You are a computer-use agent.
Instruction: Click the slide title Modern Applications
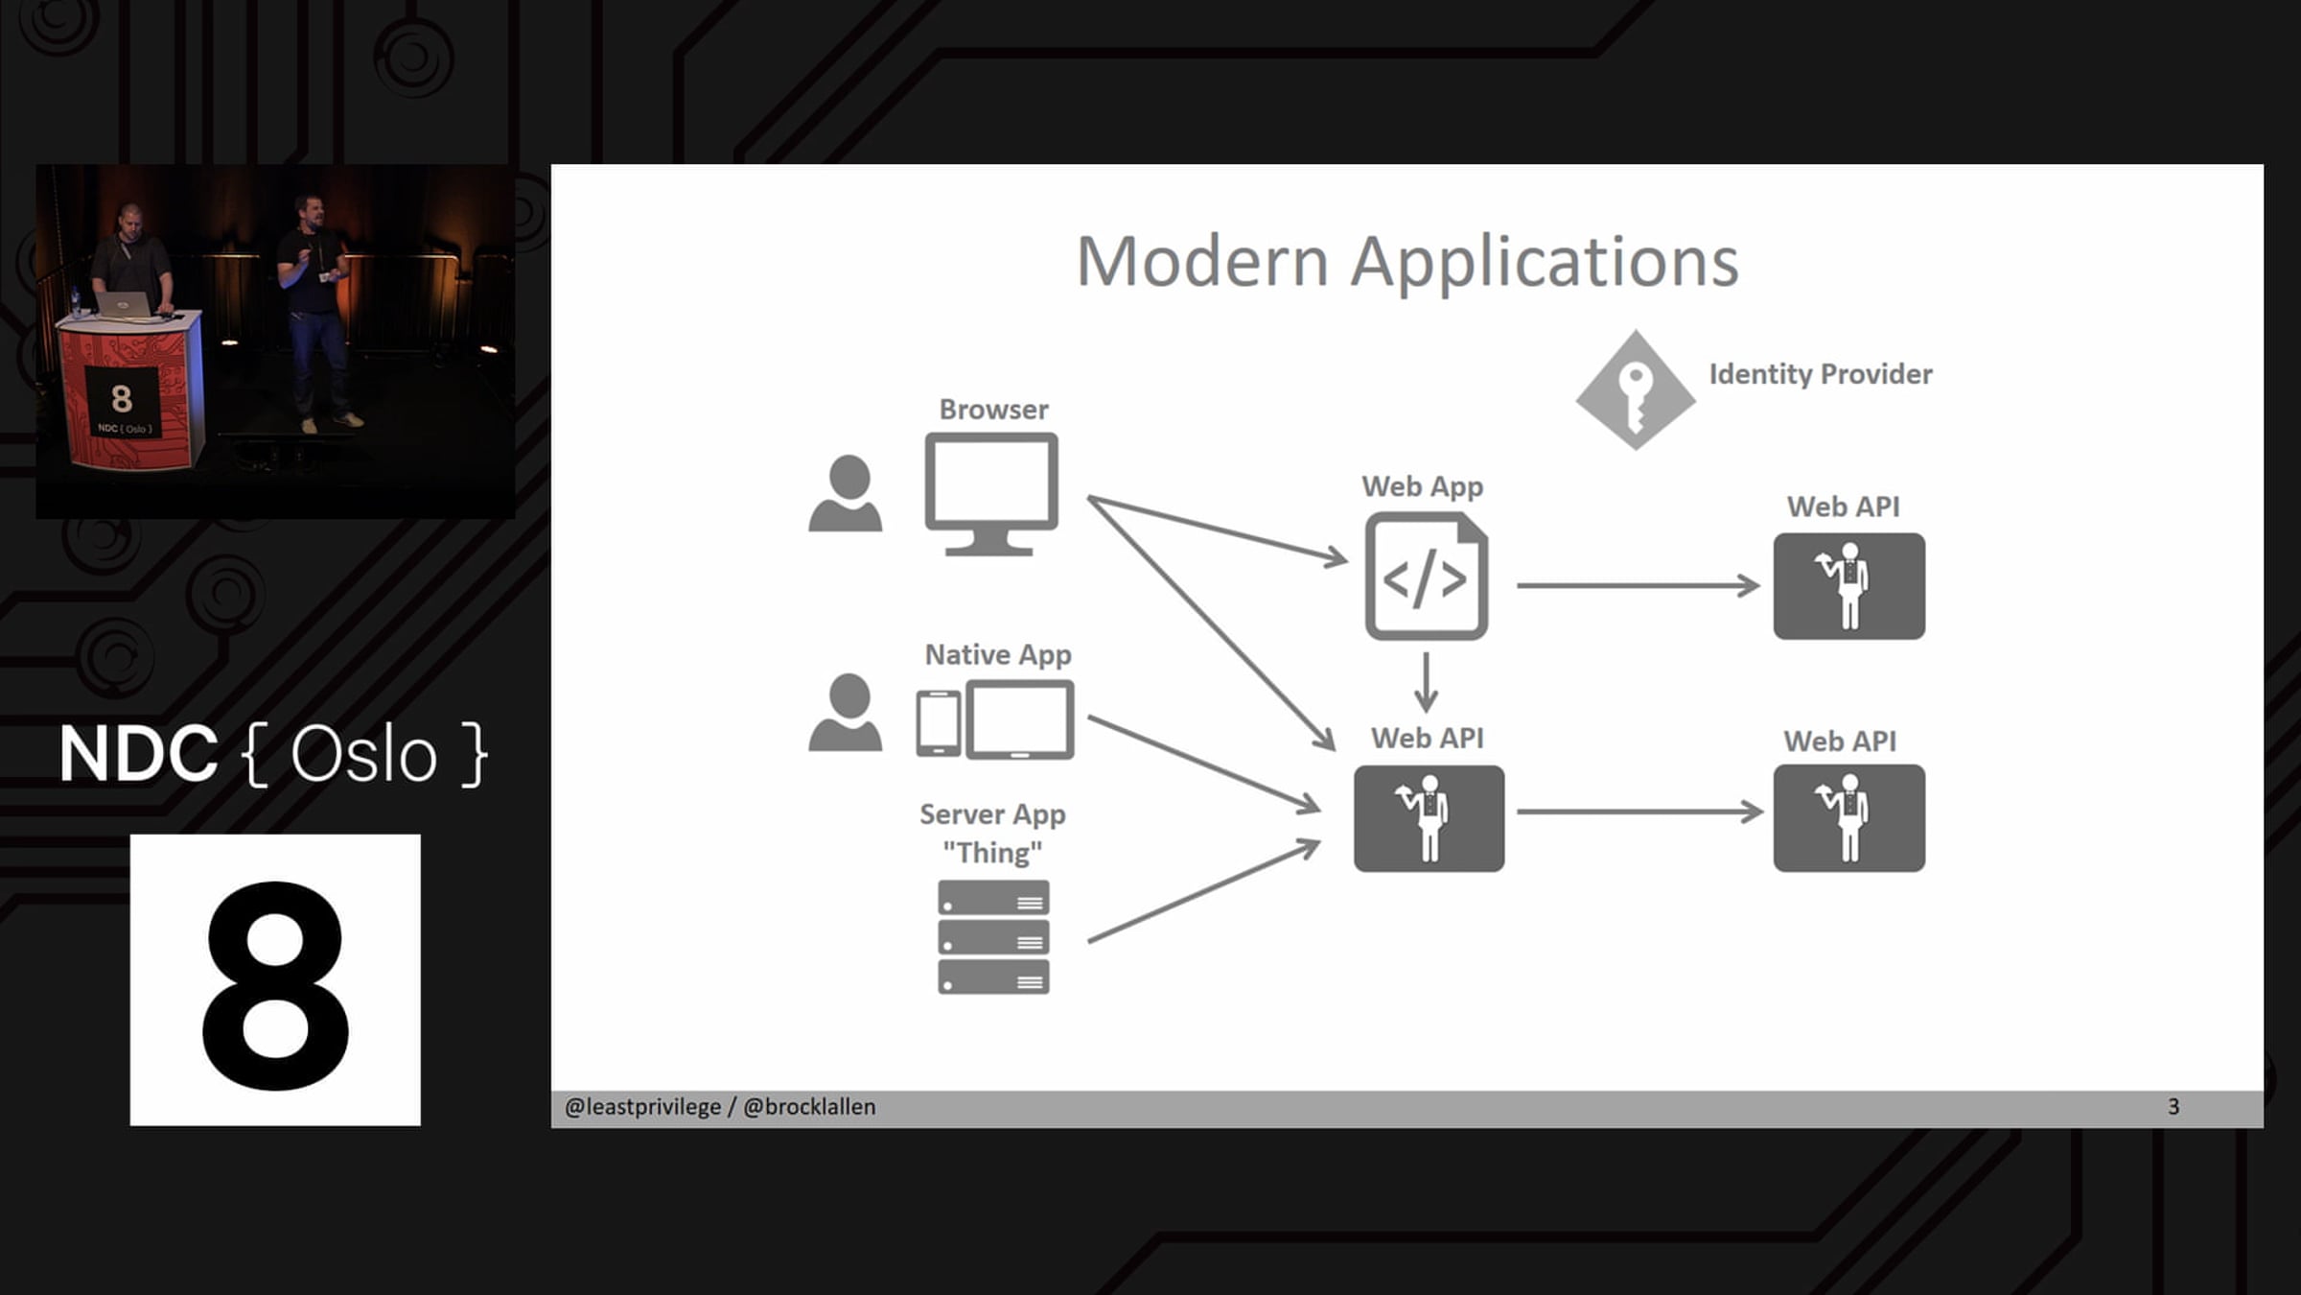pos(1407,261)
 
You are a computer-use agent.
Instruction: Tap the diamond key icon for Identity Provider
pos(1636,390)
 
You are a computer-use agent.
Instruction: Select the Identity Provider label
pos(1821,373)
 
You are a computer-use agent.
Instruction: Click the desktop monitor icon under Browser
pos(991,494)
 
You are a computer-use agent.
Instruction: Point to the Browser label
pos(993,410)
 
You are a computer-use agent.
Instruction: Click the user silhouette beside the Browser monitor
pos(845,493)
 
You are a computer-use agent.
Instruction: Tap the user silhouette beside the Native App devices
pos(845,712)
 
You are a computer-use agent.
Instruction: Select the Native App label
pos(998,654)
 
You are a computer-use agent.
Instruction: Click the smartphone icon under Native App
pos(939,723)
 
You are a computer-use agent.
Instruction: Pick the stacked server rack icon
pos(993,937)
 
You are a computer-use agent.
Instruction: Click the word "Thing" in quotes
pos(992,852)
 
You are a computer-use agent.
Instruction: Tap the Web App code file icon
pos(1427,576)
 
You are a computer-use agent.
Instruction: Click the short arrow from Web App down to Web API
pos(1426,682)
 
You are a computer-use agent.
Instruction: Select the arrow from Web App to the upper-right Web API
pos(1638,585)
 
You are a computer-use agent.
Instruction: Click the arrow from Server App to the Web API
pos(1204,891)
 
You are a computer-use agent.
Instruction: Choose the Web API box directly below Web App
pos(1429,818)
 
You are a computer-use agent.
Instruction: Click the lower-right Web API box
pos(1848,818)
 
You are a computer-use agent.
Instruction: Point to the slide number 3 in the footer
pos(2173,1107)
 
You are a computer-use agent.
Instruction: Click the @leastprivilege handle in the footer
pos(642,1107)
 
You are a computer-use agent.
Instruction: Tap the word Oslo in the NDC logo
pos(363,755)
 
